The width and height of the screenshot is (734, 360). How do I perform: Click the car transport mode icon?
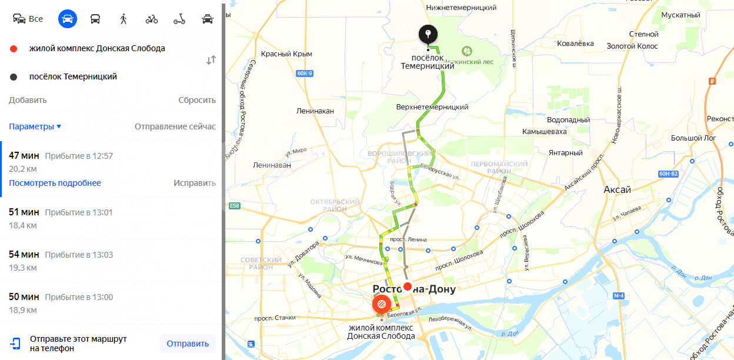[68, 19]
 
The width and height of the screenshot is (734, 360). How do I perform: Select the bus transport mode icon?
[95, 19]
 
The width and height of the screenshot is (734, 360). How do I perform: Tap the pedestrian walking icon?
[124, 19]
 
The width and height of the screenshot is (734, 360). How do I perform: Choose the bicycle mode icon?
[152, 19]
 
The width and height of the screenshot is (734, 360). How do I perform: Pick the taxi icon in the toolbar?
[208, 19]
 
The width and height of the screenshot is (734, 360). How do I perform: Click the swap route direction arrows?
[211, 60]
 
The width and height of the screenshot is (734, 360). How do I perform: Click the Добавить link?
[28, 100]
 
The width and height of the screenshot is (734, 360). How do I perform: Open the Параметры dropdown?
[35, 126]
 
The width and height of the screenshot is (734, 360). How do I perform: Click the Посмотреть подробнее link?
[55, 183]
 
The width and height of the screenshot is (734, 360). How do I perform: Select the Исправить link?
[194, 183]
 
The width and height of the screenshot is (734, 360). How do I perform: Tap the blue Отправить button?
[188, 344]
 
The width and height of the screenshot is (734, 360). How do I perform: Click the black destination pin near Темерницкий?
[428, 35]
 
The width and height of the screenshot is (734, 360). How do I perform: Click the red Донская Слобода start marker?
[381, 304]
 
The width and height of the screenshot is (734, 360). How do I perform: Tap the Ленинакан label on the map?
[315, 111]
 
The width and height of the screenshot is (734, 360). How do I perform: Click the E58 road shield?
[235, 206]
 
